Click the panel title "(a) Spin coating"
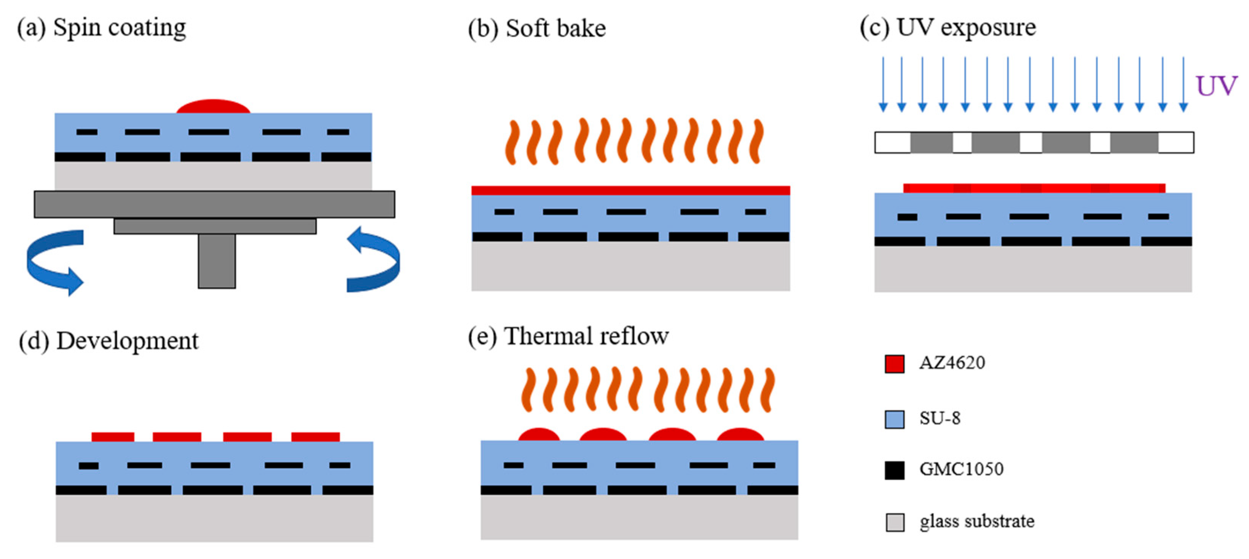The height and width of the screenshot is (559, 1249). click(x=101, y=28)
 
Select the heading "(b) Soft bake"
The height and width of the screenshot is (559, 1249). click(x=537, y=29)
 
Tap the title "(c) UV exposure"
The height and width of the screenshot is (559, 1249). click(x=948, y=28)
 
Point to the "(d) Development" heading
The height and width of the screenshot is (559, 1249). click(x=108, y=341)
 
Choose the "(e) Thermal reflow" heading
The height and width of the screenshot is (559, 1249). click(x=568, y=336)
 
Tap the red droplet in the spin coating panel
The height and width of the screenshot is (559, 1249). click(x=213, y=107)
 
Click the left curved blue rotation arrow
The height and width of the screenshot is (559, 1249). click(x=54, y=262)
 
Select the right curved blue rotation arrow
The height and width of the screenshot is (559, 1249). click(x=373, y=259)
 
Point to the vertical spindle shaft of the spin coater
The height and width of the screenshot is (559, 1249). click(x=217, y=261)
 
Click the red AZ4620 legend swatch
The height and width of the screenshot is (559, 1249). click(x=894, y=364)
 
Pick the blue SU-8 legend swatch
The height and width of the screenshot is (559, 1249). click(x=894, y=419)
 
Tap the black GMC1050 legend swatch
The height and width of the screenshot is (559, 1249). click(x=894, y=470)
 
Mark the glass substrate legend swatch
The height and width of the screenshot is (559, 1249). click(x=894, y=522)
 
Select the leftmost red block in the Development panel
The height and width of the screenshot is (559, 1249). click(x=113, y=437)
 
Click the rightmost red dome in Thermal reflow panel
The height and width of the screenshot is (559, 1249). click(x=740, y=434)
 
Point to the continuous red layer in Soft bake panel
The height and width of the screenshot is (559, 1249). click(x=630, y=190)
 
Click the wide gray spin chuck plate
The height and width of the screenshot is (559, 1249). click(x=214, y=204)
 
